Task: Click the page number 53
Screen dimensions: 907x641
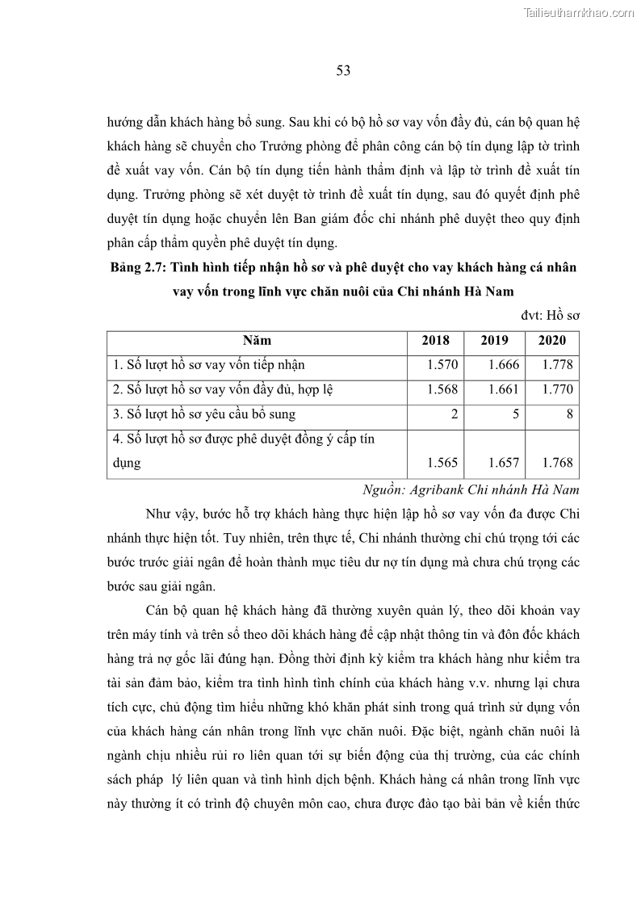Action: [x=342, y=70]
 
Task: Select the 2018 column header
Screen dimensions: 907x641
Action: [x=436, y=341]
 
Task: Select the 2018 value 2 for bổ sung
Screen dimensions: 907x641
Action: [x=455, y=414]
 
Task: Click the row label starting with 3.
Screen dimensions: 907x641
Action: [x=204, y=414]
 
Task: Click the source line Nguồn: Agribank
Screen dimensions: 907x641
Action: [x=471, y=489]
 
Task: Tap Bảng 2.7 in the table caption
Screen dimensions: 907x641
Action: [x=138, y=267]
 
